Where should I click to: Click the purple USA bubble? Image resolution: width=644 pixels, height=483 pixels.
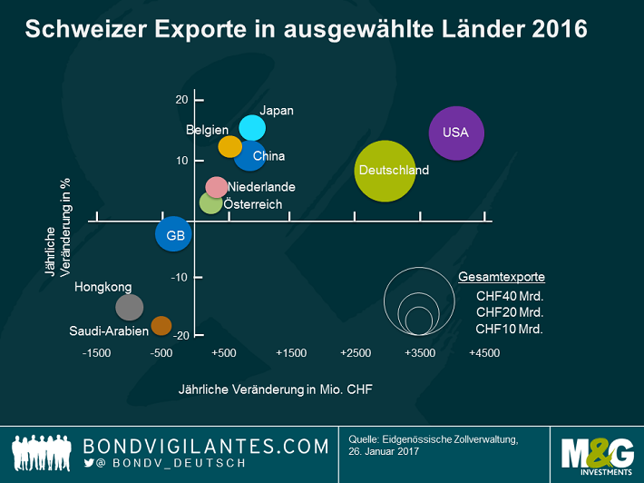pos(456,133)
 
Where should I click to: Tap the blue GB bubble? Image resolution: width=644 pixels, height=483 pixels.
pos(172,235)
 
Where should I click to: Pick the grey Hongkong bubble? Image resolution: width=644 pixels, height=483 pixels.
pos(130,308)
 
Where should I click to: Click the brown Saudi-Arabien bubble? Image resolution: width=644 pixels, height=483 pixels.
pos(161,325)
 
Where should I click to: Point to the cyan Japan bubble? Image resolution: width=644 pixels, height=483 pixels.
pos(252,128)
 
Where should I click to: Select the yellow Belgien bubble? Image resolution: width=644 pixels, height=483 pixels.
pos(230,146)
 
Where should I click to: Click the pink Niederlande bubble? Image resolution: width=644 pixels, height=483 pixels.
pos(216,187)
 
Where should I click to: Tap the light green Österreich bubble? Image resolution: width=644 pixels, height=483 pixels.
pos(210,203)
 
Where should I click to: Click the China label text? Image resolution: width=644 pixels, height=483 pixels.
pos(268,156)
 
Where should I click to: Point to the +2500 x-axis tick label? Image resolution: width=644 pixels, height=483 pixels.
pos(356,352)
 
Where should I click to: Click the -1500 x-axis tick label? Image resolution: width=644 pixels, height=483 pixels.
pos(97,352)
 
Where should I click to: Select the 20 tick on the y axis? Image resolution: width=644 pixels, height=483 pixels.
pos(181,100)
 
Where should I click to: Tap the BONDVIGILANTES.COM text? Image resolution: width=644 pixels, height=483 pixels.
pos(205,446)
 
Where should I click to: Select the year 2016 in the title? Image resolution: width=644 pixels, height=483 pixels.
pos(560,30)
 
